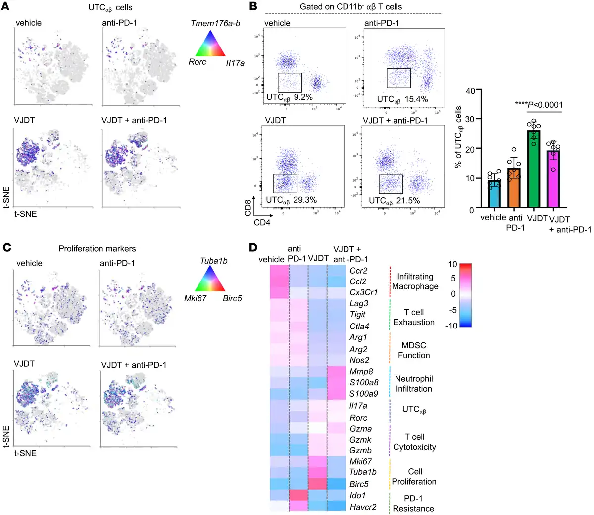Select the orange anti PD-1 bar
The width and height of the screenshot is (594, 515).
[x=514, y=188]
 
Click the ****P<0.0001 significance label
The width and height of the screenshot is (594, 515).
[x=539, y=104]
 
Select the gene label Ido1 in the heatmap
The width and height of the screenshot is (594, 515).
[x=358, y=495]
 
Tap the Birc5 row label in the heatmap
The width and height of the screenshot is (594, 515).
[x=359, y=484]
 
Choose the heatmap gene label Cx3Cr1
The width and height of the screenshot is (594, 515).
[x=364, y=292]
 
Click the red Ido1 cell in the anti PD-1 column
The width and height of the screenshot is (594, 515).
[x=298, y=495]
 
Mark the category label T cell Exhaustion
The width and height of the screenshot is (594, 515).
[x=414, y=317]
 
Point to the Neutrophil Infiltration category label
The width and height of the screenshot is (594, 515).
[x=414, y=384]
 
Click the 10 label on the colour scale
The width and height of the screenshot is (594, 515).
[x=452, y=264]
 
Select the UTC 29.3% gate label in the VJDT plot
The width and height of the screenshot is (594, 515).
[x=291, y=200]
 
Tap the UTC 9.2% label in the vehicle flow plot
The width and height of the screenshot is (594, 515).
[x=290, y=97]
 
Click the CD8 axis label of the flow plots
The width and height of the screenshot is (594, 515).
[x=248, y=208]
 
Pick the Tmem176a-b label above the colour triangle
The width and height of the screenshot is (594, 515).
[x=215, y=23]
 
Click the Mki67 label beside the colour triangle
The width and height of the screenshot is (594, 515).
[x=195, y=298]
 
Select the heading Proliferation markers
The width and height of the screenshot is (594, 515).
[x=97, y=248]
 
